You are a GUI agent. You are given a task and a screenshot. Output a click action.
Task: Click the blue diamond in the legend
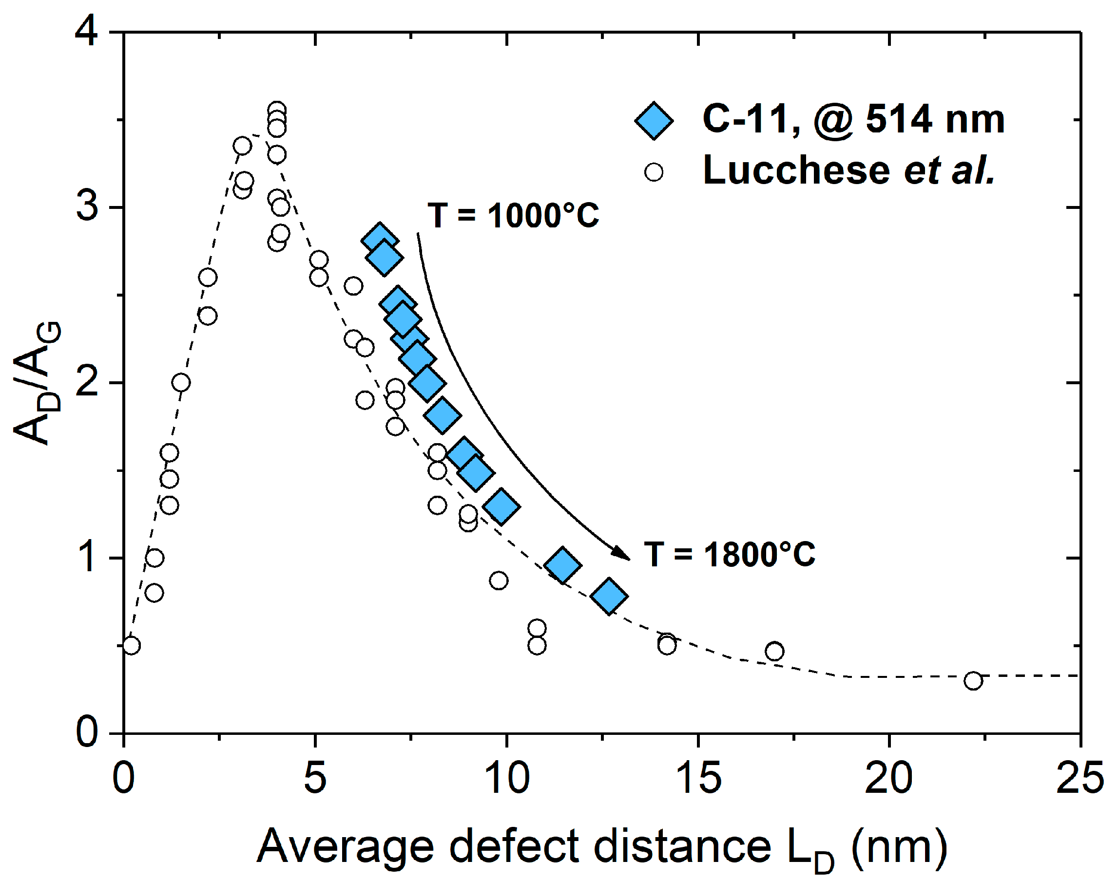(654, 121)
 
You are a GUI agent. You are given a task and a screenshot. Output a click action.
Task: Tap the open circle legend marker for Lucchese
(654, 172)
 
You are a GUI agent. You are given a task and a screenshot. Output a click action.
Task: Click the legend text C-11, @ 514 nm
(853, 119)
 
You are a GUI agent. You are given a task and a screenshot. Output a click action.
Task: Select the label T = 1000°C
(513, 215)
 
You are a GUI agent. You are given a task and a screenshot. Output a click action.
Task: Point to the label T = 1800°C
(729, 555)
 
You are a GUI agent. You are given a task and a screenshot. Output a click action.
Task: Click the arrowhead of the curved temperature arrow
(621, 553)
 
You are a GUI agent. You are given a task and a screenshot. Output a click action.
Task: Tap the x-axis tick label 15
(698, 778)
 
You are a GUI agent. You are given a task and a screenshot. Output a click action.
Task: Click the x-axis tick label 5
(315, 778)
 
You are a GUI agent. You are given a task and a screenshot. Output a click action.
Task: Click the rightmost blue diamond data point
(609, 596)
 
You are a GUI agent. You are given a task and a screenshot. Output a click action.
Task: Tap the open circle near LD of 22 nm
(973, 681)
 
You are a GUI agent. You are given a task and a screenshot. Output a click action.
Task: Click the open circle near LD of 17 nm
(774, 652)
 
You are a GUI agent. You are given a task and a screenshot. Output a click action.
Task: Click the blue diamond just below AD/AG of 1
(562, 565)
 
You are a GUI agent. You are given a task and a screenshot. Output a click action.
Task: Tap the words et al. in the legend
(948, 171)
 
